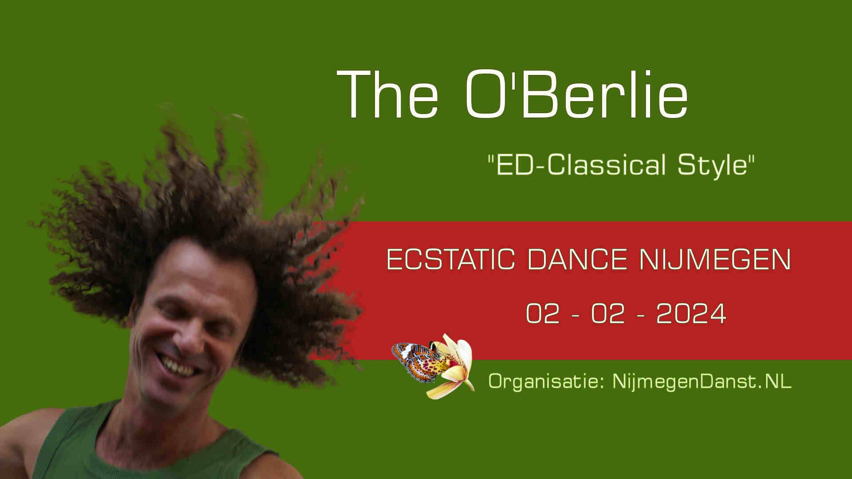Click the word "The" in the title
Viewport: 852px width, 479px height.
(388, 94)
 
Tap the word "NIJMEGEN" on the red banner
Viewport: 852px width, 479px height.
(715, 259)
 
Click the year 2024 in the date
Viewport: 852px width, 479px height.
(691, 314)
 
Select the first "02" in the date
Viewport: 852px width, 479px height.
(543, 314)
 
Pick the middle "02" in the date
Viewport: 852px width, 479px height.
(608, 314)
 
